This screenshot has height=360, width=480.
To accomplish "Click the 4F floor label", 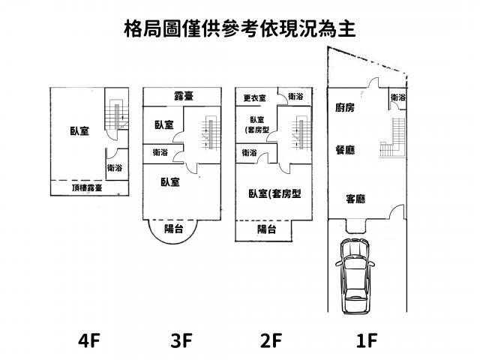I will pos(88,341).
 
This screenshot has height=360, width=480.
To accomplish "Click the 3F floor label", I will pos(181,341).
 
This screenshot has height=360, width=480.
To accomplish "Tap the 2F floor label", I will pos(271,341).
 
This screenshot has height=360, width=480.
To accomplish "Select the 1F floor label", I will pos(365,341).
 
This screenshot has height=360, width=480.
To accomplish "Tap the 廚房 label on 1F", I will pos(345,108).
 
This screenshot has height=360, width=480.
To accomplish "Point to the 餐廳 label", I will pos(345,150).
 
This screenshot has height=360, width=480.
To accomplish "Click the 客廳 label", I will pos(355,199).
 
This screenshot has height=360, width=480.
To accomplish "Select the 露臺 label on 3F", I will pos(184,96).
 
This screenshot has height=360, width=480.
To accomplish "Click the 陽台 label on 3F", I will pos(173,229).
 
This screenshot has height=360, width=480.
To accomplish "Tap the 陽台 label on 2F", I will pos(266,229).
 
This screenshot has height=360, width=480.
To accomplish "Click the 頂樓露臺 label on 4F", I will pos(87,188).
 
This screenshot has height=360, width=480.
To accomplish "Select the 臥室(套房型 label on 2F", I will pos(274,193).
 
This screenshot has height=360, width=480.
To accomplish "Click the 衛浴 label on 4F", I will pos(115,168).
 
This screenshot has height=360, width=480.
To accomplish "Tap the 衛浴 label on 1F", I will pos(398,97).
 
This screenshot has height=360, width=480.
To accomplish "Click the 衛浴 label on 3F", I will pos(160,152).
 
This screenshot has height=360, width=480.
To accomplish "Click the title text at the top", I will pos(239,28).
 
